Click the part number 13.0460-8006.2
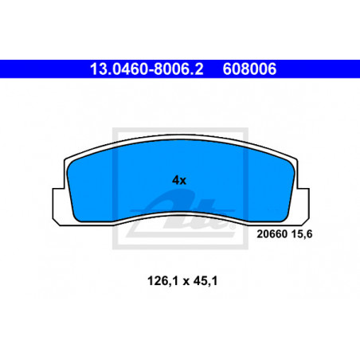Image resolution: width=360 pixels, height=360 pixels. [147, 69]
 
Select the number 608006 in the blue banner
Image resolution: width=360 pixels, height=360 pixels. [249, 69]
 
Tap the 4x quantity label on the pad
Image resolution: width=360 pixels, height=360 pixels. [179, 181]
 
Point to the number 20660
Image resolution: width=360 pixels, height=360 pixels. [272, 234]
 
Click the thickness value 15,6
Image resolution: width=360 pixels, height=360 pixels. [302, 234]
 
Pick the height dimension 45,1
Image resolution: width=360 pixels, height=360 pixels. [205, 281]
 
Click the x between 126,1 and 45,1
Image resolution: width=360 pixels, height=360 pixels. [186, 282]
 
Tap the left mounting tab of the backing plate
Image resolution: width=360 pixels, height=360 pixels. [59, 205]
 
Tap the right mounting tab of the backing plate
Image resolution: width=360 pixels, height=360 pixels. [303, 205]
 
